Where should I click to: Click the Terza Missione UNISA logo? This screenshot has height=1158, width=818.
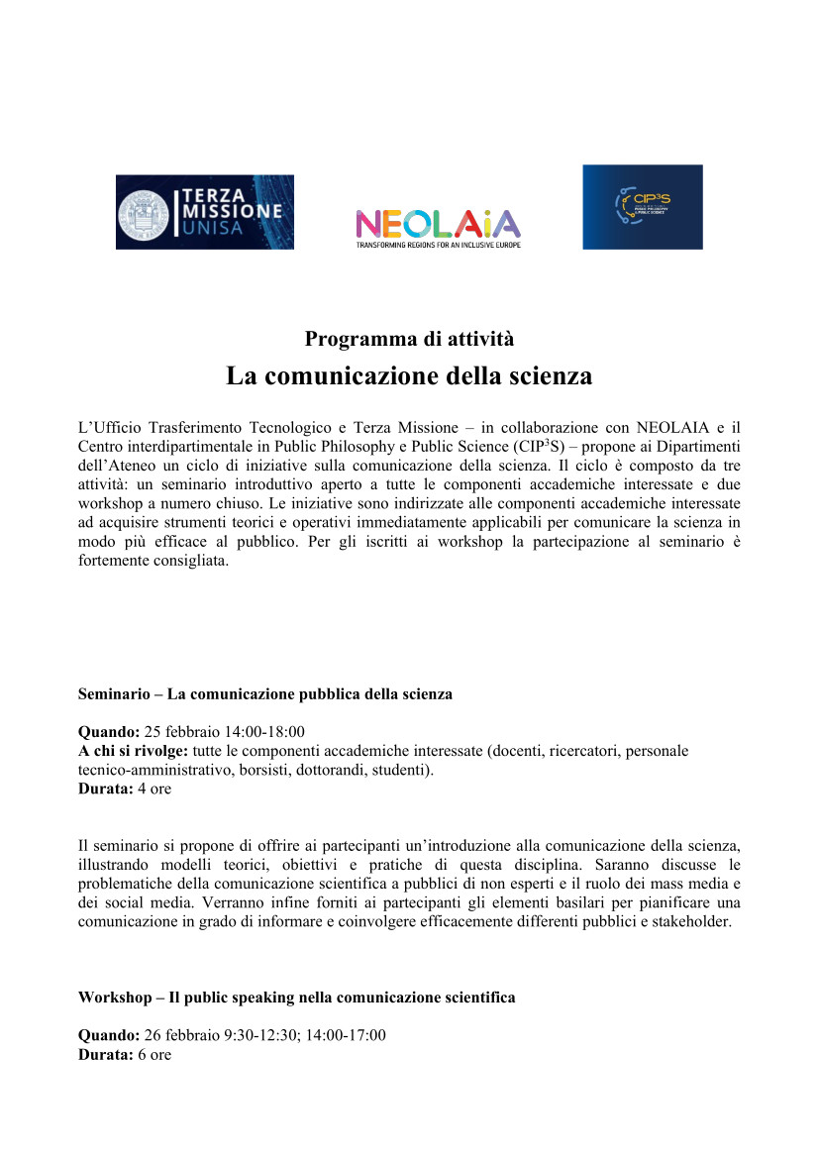(205, 211)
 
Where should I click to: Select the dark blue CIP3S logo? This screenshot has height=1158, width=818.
(642, 206)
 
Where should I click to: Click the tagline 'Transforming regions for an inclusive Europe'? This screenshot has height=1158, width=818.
(438, 244)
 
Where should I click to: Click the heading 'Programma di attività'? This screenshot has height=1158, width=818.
(409, 339)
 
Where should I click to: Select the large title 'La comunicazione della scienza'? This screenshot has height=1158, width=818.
(409, 376)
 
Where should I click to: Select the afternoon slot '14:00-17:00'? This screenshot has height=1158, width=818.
(349, 1036)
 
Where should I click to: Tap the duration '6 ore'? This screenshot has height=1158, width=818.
(153, 1055)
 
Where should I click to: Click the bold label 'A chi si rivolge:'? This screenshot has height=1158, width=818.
(133, 752)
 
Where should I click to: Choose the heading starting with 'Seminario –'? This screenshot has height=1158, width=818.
(264, 694)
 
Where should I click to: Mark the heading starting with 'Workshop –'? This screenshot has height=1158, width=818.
(296, 998)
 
